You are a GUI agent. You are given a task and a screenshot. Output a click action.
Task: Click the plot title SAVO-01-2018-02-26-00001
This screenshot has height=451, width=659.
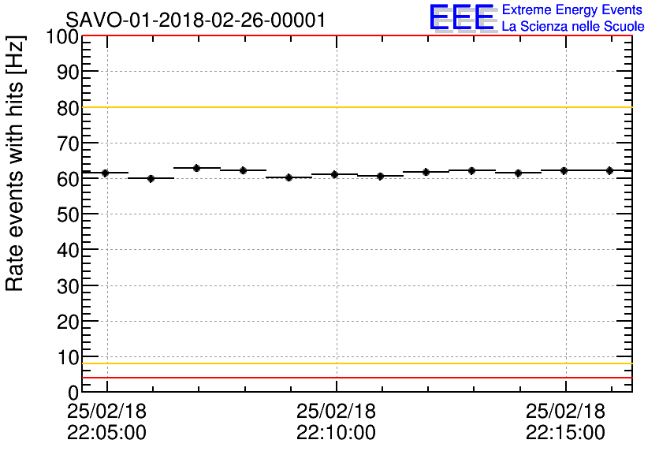tap(195, 20)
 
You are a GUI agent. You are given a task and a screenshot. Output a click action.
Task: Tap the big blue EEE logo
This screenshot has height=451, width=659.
tap(462, 17)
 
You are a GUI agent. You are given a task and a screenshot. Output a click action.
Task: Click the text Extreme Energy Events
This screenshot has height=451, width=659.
tap(572, 9)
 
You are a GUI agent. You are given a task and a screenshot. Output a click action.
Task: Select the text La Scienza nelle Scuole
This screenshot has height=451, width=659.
tap(572, 27)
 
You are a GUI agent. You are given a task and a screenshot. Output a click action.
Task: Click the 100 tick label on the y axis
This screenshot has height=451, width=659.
tap(61, 37)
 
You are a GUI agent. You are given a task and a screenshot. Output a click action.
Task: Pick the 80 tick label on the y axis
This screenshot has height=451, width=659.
tap(68, 108)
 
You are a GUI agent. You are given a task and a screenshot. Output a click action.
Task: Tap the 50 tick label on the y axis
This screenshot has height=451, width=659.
tap(68, 215)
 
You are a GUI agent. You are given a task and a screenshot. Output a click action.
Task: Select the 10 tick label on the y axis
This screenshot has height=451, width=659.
tap(68, 357)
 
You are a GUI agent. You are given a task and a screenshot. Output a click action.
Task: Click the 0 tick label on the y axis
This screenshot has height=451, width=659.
tap(73, 393)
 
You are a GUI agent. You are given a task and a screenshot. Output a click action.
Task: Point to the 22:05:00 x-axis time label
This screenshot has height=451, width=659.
tap(107, 432)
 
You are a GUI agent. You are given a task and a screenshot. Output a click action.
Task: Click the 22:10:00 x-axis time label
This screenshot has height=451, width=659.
tap(337, 432)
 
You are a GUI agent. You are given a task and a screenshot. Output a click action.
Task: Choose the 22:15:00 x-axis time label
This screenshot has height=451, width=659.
tap(565, 432)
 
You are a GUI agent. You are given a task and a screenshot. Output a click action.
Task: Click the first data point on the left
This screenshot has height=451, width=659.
tap(105, 173)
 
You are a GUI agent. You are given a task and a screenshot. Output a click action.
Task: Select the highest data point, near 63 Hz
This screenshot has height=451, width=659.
tap(197, 168)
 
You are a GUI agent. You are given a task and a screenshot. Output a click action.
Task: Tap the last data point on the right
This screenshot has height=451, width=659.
tap(609, 170)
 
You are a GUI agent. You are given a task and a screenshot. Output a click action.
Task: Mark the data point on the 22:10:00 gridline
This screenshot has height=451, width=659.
tap(334, 174)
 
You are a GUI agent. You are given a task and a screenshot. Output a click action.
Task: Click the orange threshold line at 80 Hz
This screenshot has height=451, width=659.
tap(355, 107)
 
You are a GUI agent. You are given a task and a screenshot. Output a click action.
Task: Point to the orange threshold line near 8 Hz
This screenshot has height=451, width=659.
tap(355, 363)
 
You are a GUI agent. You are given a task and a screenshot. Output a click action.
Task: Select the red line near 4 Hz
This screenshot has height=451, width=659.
tap(355, 378)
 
